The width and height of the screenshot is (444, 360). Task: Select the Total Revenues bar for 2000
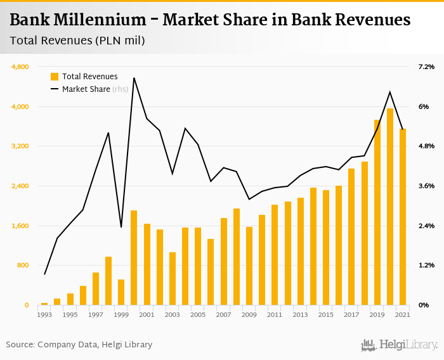(134, 258)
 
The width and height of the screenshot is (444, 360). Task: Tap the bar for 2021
(403, 217)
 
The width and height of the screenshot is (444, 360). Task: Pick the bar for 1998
(108, 281)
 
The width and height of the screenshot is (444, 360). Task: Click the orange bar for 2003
(173, 279)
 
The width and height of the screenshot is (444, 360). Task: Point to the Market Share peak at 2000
(134, 78)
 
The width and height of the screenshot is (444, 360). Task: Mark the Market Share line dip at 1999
(121, 227)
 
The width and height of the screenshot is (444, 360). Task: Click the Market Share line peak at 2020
(390, 92)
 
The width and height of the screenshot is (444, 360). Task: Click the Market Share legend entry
(86, 89)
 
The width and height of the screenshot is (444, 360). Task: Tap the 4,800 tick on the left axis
(21, 67)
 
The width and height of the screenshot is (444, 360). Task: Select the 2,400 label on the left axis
(21, 186)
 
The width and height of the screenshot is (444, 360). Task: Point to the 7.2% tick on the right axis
(426, 67)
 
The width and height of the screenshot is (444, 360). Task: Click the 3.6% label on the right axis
(426, 186)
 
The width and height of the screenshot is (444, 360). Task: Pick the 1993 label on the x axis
(44, 314)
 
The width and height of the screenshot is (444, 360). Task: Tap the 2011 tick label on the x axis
(275, 314)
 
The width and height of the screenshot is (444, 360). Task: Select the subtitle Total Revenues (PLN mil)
(77, 41)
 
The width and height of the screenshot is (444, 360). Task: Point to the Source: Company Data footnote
(79, 345)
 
